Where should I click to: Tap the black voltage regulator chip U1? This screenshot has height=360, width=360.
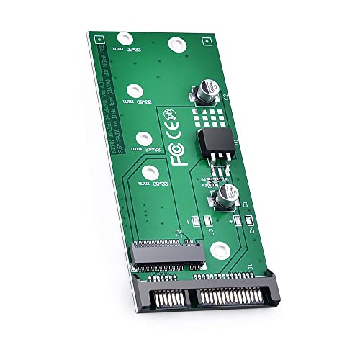(210, 143)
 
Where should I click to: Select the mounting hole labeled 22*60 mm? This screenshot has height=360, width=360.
(132, 90)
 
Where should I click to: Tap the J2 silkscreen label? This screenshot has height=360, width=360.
(179, 235)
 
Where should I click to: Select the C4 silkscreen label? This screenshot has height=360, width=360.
(251, 230)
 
